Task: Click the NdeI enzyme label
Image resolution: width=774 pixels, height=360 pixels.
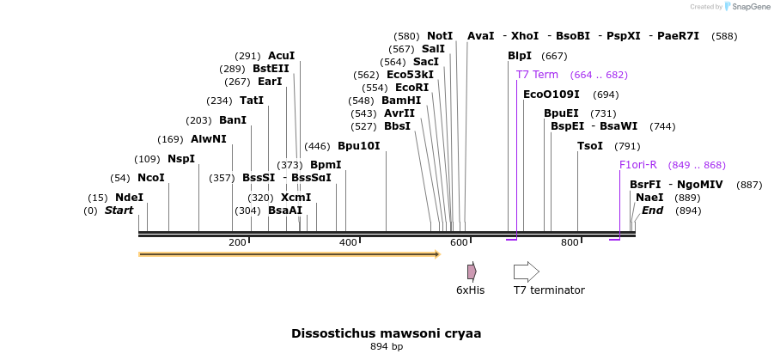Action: [x=129, y=198]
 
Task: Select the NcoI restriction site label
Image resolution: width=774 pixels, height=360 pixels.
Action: [x=150, y=178]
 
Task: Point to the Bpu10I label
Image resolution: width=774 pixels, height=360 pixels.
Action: [x=358, y=146]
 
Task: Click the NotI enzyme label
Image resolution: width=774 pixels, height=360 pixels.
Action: [x=440, y=36]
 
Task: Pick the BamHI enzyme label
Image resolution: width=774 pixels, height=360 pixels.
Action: [x=401, y=101]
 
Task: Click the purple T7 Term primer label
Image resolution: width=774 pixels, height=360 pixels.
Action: [x=537, y=75]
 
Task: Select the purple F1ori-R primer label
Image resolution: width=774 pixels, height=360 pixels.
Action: [x=638, y=165]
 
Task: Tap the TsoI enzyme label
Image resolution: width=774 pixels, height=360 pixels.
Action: [x=590, y=146]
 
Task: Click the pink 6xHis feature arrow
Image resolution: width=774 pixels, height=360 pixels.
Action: [x=472, y=272]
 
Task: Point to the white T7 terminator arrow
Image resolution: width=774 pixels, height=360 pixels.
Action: [x=526, y=272]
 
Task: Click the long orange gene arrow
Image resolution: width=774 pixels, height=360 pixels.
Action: [x=289, y=254]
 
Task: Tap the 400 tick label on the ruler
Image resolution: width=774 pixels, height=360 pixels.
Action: [x=348, y=243]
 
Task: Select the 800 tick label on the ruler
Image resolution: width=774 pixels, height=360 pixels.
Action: [x=570, y=243]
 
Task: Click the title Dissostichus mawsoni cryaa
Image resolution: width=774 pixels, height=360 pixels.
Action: [x=386, y=333]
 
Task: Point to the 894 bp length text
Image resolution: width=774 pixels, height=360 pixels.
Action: [x=387, y=347]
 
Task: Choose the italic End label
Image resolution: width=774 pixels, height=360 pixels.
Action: [x=652, y=211]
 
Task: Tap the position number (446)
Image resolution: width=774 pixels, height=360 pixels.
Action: [x=318, y=146]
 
